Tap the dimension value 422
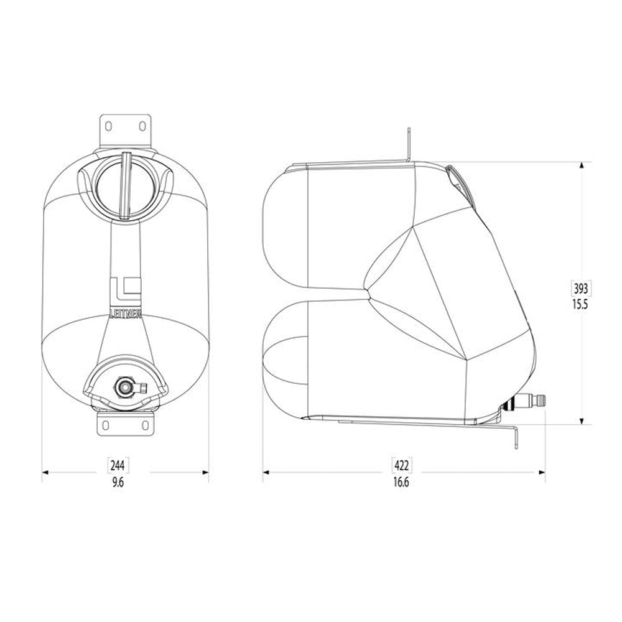coord(401,465)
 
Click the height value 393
coord(581,289)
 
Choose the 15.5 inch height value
coord(581,305)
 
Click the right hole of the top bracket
coord(142,127)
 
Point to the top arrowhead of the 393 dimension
coord(581,166)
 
